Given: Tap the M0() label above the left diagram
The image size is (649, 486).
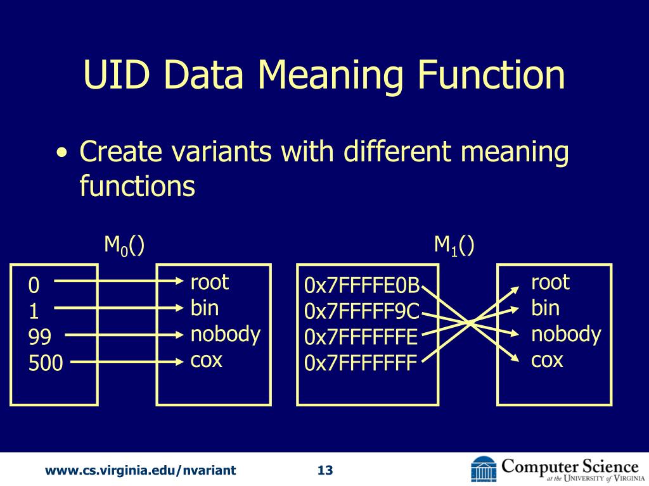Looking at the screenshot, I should pyautogui.click(x=124, y=245).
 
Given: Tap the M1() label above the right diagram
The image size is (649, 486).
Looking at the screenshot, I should pyautogui.click(x=454, y=245).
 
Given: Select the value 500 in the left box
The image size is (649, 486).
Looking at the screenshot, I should pyautogui.click(x=46, y=363).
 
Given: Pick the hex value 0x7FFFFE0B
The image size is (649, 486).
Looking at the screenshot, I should pyautogui.click(x=362, y=286).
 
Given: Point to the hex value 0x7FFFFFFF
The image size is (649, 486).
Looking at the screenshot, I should pyautogui.click(x=361, y=363).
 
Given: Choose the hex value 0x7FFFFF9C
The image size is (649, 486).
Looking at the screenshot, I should pyautogui.click(x=362, y=312).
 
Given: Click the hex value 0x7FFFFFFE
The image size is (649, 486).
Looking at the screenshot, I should pyautogui.click(x=361, y=338).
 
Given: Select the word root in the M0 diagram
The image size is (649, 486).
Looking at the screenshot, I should pyautogui.click(x=209, y=282).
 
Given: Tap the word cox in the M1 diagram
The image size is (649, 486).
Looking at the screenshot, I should pyautogui.click(x=547, y=360).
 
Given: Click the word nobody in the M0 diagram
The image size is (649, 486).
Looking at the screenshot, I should pyautogui.click(x=225, y=334).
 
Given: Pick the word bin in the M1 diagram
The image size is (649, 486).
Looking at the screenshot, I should pyautogui.click(x=545, y=308).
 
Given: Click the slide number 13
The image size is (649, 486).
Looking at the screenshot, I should pyautogui.click(x=324, y=470).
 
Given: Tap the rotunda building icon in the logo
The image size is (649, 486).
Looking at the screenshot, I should pyautogui.click(x=484, y=469).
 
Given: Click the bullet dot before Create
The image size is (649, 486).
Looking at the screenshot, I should pyautogui.click(x=61, y=154).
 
